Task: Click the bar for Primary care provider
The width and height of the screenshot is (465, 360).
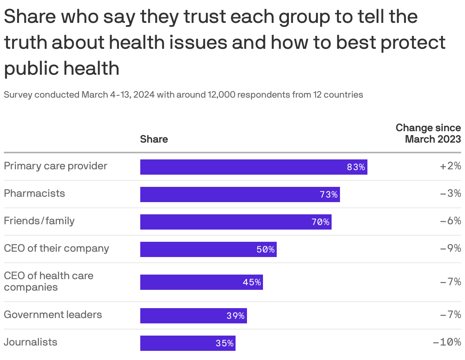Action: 253,167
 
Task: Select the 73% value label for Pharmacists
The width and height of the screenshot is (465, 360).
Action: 329,194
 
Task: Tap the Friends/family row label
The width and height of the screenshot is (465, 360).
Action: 39,221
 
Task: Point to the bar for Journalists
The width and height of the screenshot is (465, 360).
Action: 188,343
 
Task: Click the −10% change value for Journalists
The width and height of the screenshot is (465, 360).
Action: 447,342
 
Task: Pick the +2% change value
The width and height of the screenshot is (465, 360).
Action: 451,166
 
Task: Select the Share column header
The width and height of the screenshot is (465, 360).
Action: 154,139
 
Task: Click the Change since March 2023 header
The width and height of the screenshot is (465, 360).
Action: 428,133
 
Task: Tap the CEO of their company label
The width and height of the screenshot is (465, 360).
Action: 56,249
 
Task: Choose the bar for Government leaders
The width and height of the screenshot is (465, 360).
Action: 193,316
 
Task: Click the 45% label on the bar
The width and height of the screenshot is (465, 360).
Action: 252,282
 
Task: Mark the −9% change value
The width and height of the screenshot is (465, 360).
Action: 451,249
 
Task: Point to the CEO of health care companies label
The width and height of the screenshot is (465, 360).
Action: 48,281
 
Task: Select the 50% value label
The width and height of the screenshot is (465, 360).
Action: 266,249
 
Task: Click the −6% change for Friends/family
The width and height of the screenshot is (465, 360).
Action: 451,221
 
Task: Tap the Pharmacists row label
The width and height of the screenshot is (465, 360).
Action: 34,194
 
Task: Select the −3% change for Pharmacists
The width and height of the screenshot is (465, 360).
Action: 451,194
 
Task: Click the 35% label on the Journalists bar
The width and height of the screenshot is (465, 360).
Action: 224,343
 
